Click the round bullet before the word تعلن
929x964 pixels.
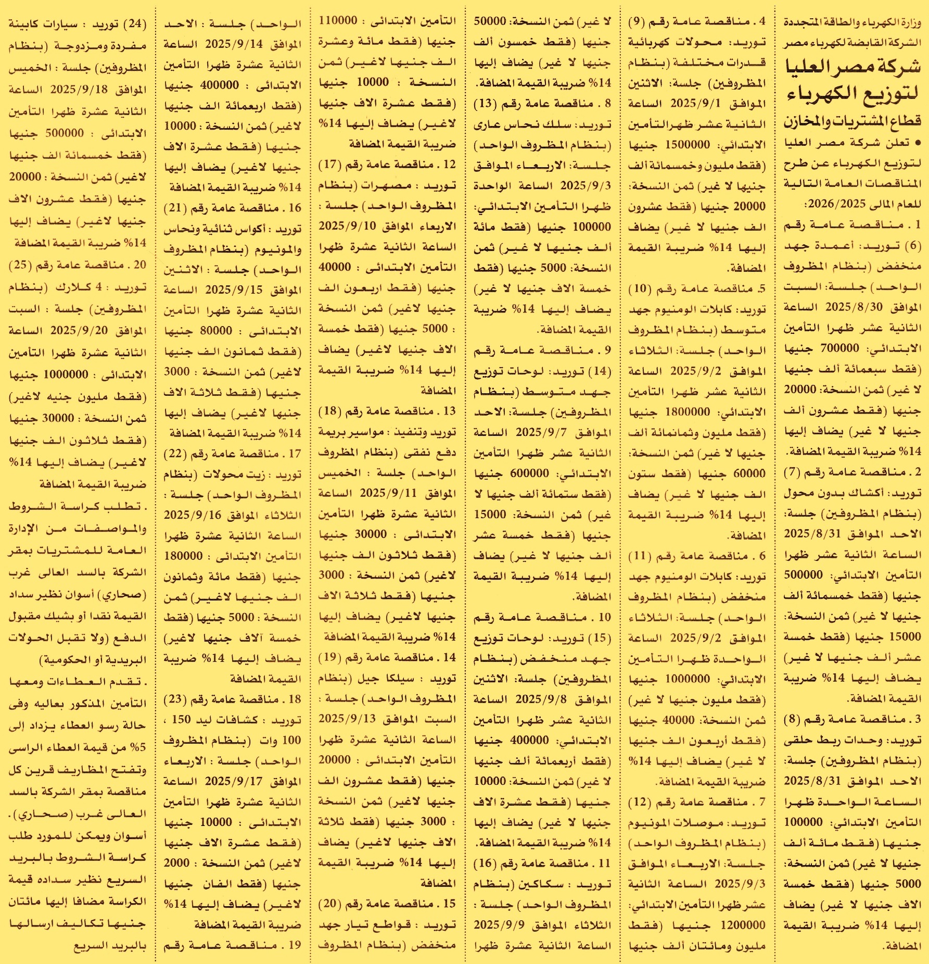pyautogui.click(x=917, y=142)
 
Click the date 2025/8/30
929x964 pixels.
pyautogui.click(x=854, y=307)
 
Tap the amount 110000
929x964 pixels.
pyautogui.click(x=338, y=21)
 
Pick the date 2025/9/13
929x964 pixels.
pyautogui.click(x=347, y=719)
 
